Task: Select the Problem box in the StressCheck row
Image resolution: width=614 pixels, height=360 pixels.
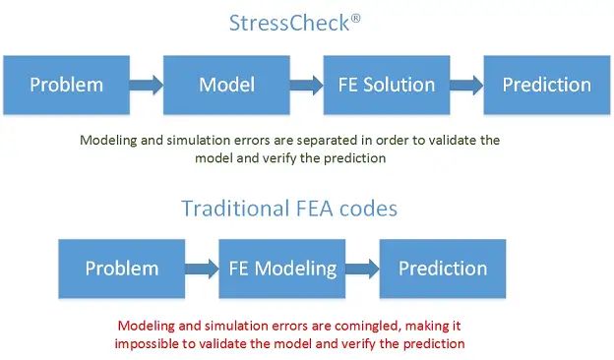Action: (67, 85)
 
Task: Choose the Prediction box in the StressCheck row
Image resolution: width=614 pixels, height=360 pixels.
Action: (546, 85)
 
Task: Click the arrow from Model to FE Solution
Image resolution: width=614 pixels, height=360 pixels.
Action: (305, 85)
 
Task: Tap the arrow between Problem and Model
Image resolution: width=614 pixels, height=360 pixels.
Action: (146, 85)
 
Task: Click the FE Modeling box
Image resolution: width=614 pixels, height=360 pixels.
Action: (282, 269)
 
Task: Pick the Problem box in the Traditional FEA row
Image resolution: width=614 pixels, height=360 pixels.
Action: (122, 269)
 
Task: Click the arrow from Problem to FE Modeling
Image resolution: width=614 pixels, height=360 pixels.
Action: (201, 269)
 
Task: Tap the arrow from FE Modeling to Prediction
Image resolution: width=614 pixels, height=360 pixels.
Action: (363, 269)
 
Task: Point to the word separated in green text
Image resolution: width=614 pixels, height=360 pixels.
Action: (330, 141)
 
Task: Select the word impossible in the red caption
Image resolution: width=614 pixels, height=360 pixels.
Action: (147, 343)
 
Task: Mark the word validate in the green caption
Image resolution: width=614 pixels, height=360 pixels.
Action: (455, 141)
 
